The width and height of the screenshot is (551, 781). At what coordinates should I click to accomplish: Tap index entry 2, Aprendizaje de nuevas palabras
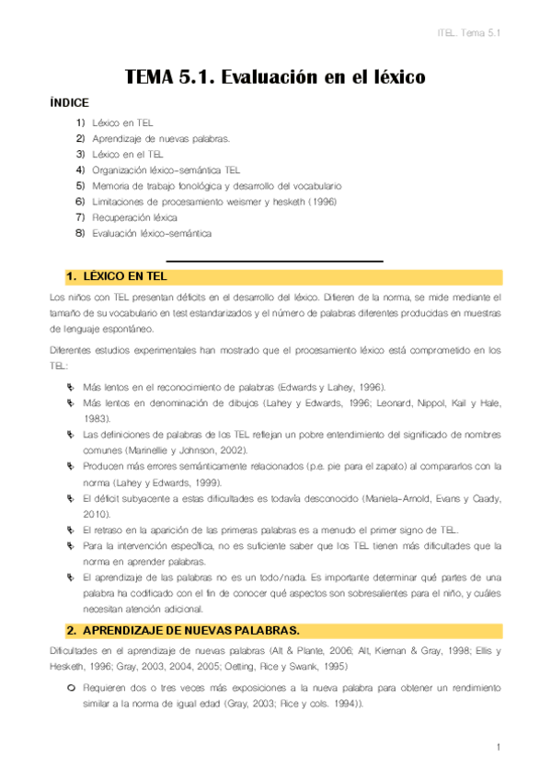pos(160,138)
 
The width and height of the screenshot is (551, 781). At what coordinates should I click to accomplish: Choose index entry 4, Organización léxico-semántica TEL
pos(166,169)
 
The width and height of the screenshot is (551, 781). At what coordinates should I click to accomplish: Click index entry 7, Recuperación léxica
pos(134,217)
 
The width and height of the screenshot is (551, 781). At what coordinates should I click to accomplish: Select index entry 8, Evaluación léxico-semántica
pos(151,233)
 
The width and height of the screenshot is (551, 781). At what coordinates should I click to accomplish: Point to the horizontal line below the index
pos(274,262)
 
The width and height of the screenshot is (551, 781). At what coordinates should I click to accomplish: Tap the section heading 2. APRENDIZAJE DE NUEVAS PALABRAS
pos(182,631)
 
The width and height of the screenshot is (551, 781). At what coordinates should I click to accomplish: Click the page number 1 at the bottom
pos(498,746)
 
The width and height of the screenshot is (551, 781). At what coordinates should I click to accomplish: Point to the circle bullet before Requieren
pos(71,688)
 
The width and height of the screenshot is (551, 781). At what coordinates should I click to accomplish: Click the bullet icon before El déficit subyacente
pos(71,498)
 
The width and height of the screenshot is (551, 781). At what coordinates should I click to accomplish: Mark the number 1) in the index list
pos(80,122)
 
